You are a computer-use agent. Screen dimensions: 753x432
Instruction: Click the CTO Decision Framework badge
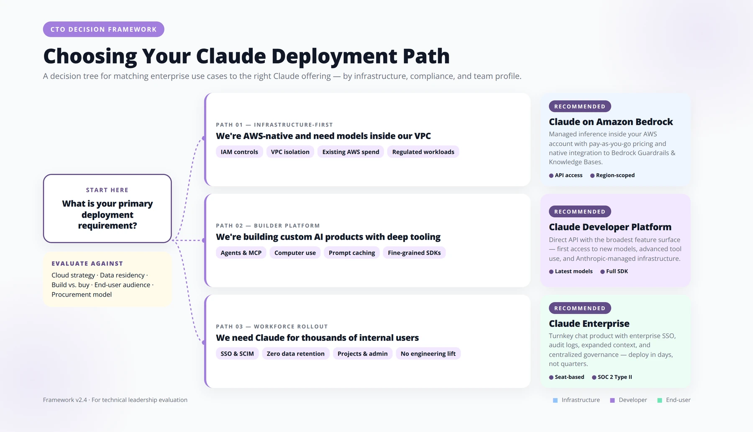coord(104,29)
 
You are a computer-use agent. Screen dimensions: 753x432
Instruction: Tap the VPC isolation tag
coord(290,152)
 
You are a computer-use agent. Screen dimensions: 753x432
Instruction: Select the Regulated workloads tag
coord(423,152)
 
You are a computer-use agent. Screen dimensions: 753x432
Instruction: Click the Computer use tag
coord(295,253)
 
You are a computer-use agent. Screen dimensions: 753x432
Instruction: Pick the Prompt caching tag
coord(352,253)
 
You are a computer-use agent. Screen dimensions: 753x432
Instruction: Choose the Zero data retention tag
coord(296,353)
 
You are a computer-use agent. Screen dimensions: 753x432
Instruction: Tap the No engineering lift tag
coord(428,353)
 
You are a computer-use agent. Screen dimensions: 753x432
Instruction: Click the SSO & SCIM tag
coord(237,353)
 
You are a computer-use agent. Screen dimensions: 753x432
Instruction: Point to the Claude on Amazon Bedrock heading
coord(611,122)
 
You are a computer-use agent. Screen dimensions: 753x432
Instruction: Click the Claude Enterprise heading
coord(589,324)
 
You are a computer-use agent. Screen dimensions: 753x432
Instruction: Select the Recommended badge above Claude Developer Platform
coord(580,212)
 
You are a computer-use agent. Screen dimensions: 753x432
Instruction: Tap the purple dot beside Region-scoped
coord(592,175)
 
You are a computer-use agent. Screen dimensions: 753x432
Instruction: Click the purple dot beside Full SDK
coord(602,272)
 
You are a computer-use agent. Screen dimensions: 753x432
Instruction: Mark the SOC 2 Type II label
coord(615,377)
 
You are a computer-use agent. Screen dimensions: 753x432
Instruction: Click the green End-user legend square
coord(660,400)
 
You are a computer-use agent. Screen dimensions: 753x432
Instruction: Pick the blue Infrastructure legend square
coord(555,400)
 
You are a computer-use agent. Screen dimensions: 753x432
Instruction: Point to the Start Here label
coord(107,190)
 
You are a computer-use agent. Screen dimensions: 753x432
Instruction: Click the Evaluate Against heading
coord(87,264)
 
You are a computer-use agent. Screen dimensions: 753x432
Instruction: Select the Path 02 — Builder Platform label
coord(268,226)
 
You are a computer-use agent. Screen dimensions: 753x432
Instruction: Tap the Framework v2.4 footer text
coord(115,400)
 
